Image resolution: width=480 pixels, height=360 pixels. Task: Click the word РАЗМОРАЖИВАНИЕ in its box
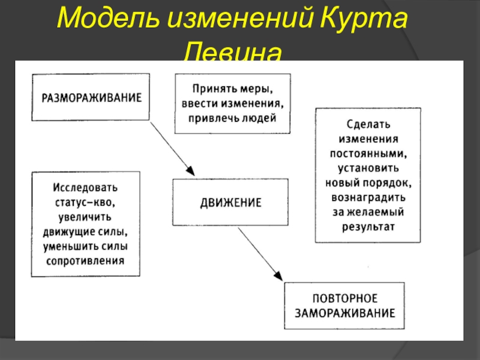[x=91, y=97]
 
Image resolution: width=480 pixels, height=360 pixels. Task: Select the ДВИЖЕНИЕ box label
[x=230, y=203]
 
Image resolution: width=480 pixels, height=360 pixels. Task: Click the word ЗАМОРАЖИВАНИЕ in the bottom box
[x=344, y=313]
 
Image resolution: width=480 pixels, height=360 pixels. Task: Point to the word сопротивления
[x=85, y=260]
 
